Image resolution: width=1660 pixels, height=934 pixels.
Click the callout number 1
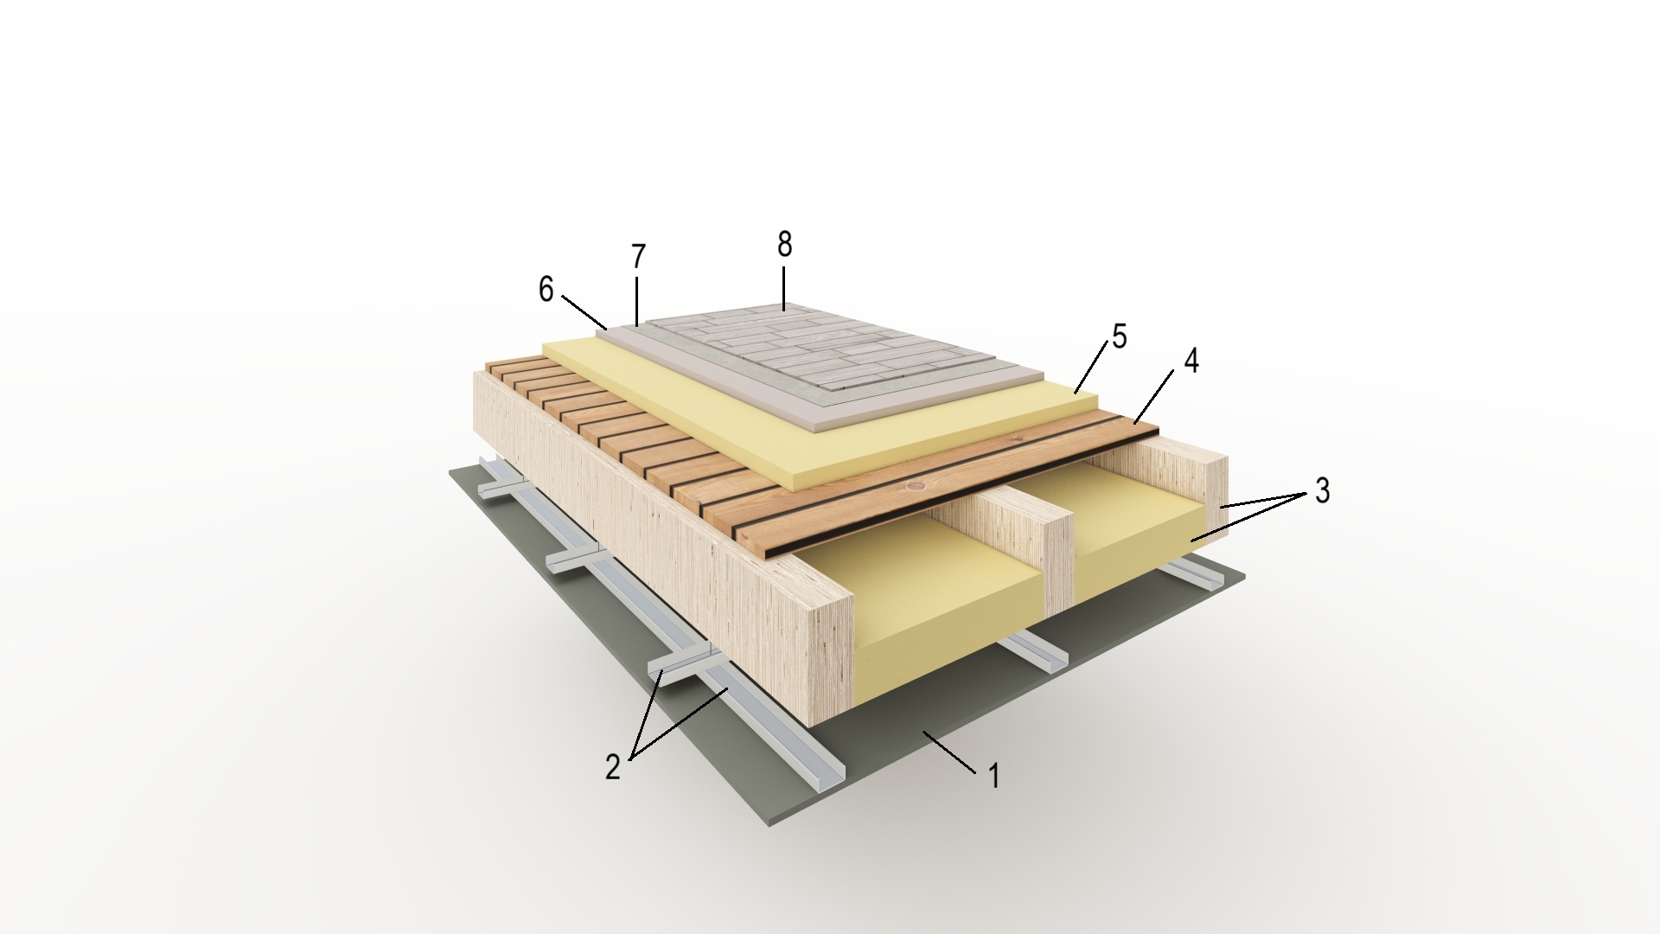coord(994,777)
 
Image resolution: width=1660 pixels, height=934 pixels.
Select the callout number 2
coord(613,767)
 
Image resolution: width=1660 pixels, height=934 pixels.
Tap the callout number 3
coord(1322,490)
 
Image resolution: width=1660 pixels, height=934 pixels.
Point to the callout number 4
coord(1191,361)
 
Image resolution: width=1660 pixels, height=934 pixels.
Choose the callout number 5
coord(1120,336)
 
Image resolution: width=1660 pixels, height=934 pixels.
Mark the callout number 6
coord(546,290)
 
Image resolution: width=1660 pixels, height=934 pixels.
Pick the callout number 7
coord(638,257)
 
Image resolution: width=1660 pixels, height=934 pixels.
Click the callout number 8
coord(784,246)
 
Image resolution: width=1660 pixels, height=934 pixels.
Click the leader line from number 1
coord(950,752)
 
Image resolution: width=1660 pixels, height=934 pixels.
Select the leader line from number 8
coord(784,288)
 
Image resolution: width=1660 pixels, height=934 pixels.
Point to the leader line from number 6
coord(584,311)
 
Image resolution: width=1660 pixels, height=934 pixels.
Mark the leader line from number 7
coord(636,298)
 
